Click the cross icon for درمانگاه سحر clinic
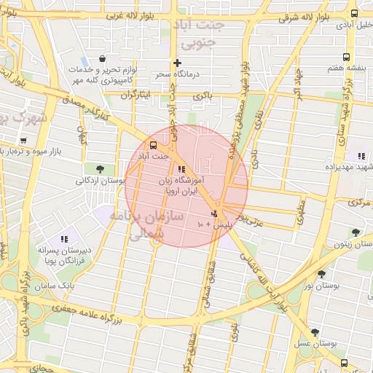(177, 63)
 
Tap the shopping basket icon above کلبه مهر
(101, 58)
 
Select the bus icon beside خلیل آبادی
(354, 13)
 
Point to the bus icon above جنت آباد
(153, 144)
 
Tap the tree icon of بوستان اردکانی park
(99, 169)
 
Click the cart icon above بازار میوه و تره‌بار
(23, 140)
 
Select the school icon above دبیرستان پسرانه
(64, 238)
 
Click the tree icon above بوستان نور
(321, 273)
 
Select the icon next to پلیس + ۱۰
(213, 213)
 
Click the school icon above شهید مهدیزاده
(361, 155)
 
